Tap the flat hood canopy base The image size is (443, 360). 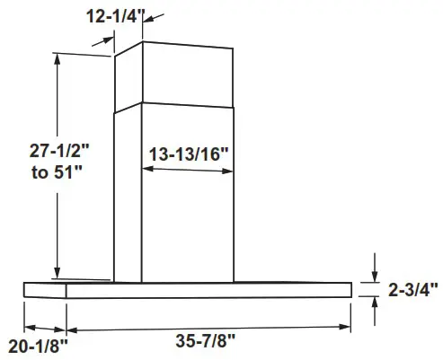pyautogui.click(x=189, y=290)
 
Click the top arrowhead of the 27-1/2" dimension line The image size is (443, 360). pyautogui.click(x=58, y=57)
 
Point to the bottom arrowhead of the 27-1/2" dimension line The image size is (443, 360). pyautogui.click(x=58, y=275)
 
